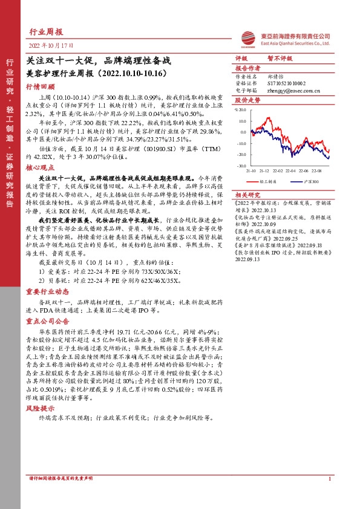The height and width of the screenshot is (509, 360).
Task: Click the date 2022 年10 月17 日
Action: (x=52, y=46)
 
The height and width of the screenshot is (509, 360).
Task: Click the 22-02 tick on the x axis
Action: (x=276, y=171)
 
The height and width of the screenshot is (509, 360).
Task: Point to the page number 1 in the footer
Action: (x=330, y=496)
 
